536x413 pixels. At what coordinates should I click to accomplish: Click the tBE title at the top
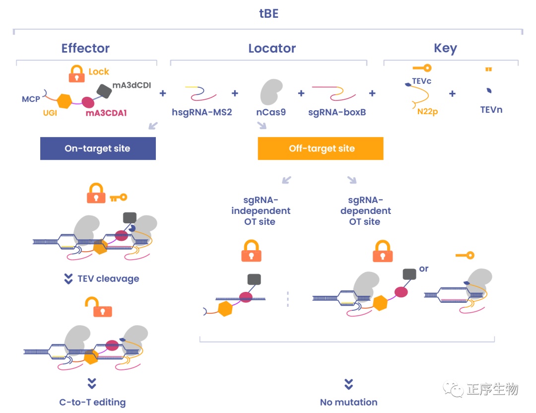click(268, 13)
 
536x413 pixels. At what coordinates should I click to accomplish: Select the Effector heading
click(85, 48)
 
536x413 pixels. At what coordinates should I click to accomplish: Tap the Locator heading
click(272, 48)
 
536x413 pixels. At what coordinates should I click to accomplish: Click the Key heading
click(445, 48)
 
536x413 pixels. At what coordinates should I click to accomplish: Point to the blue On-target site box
click(98, 148)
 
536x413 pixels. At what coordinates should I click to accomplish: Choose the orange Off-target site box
click(321, 148)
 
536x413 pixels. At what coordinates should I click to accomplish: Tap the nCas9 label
click(271, 112)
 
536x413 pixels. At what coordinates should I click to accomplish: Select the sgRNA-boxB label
click(337, 112)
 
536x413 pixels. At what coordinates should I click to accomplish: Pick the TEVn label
click(491, 110)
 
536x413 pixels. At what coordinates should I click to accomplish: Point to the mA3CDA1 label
click(106, 113)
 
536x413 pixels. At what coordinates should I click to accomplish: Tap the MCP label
click(31, 99)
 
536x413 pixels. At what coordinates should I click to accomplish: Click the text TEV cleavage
click(108, 278)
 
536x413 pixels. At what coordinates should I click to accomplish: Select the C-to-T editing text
click(92, 402)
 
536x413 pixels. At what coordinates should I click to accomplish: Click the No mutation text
click(348, 402)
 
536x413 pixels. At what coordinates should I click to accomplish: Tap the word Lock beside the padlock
click(99, 72)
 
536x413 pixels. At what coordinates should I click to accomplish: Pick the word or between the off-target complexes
click(423, 269)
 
